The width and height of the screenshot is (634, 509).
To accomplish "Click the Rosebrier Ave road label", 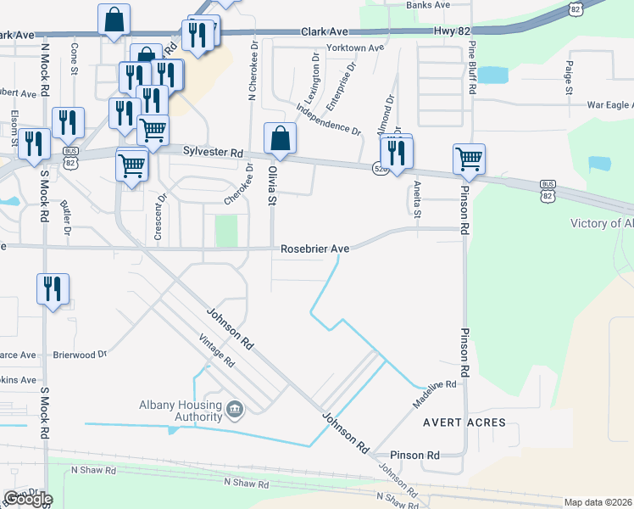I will [315, 249].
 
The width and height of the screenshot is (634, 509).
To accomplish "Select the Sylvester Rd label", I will [214, 152].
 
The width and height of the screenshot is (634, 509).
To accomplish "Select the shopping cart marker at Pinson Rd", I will [469, 159].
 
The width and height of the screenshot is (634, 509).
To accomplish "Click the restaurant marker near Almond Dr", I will [396, 152].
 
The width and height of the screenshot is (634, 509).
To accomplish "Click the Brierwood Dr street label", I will [80, 355].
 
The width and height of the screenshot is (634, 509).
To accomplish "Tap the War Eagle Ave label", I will [610, 105].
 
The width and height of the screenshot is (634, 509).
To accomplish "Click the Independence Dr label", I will [328, 120].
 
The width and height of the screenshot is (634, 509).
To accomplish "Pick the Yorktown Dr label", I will [349, 48].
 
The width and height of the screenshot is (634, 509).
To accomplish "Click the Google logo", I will [28, 499].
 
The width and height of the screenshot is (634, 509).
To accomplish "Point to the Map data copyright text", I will [598, 502].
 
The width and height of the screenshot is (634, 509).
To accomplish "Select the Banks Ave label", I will [428, 5].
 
